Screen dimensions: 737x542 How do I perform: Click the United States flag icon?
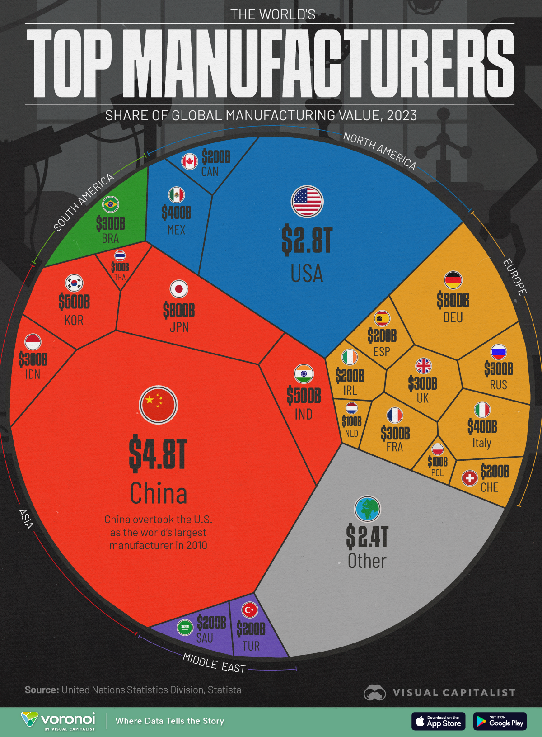point(307,201)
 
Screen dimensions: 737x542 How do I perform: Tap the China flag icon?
point(158,405)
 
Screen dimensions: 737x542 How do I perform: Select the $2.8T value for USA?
point(307,241)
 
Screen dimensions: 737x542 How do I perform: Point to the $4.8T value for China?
point(158,454)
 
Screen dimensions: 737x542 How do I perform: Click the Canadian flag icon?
point(190,161)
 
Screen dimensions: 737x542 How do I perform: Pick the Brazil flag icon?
point(110,204)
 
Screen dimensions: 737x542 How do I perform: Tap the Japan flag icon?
point(179,289)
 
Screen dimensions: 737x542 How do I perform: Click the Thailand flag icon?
point(120,256)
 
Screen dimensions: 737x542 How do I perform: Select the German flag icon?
point(453,280)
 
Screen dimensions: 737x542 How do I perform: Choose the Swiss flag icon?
point(470,478)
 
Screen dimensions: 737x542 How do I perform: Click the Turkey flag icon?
point(250,610)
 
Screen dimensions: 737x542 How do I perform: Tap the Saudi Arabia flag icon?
point(185,627)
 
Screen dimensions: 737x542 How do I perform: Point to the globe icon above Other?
point(367,509)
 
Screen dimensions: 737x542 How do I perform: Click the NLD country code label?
point(351,434)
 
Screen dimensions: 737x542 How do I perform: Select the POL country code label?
point(437,473)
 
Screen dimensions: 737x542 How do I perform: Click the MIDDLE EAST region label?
point(214,663)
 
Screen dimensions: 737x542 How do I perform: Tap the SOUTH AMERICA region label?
point(84,202)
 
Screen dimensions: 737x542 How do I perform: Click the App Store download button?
point(438,721)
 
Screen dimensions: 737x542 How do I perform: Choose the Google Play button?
point(500,721)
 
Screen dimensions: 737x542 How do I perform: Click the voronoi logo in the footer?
point(59,721)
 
